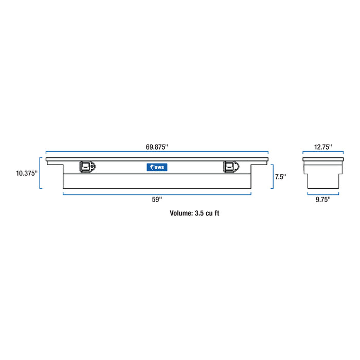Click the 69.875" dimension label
point(157,147)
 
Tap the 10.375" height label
point(26,174)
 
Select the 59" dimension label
point(157,200)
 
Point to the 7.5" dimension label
point(280,176)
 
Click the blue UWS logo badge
point(157,167)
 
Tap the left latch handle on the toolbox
point(86,167)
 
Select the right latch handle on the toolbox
point(230,167)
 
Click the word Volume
point(181,212)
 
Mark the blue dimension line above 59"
point(157,193)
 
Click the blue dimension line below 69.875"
point(157,152)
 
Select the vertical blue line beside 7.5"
point(272,176)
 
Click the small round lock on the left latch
point(93,166)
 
